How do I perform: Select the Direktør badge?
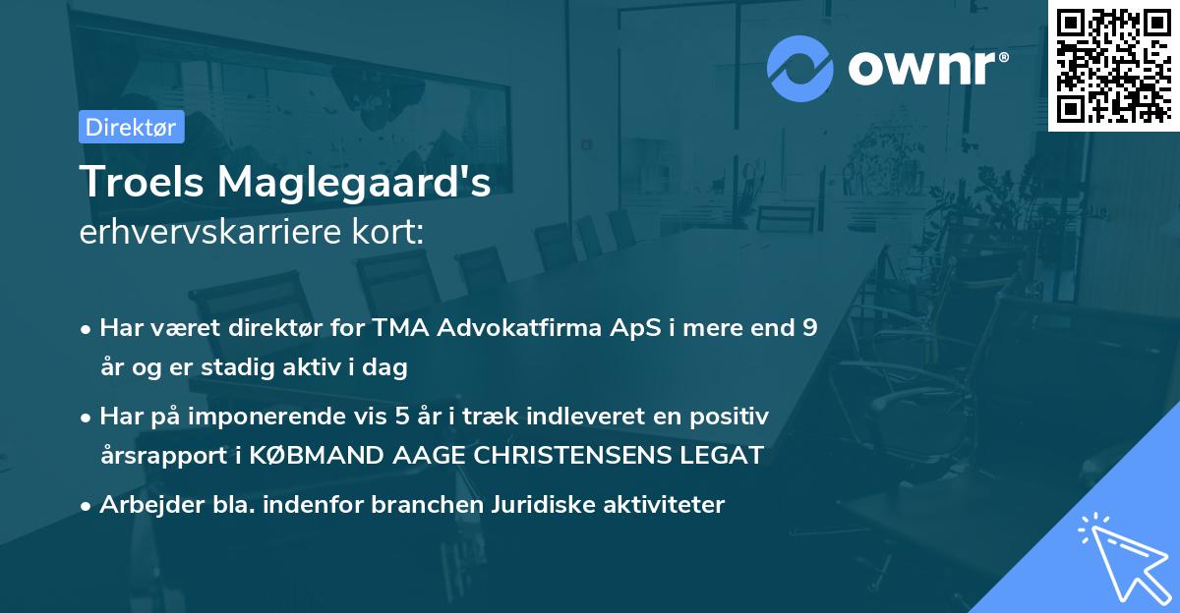(131, 127)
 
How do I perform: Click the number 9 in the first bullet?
(808, 329)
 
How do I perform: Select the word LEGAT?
(727, 456)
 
